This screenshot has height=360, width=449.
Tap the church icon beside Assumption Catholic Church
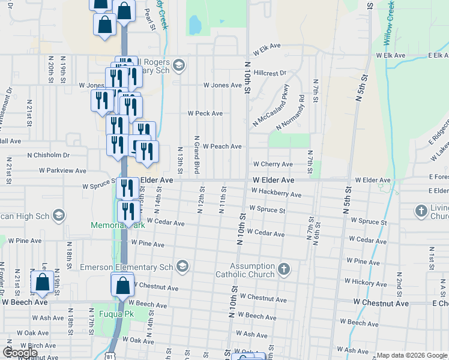(284, 269)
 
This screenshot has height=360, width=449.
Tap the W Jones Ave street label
(222, 85)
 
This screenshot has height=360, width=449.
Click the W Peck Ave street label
(205, 113)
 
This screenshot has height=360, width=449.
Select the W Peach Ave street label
(222, 146)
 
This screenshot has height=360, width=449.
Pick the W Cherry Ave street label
(273, 164)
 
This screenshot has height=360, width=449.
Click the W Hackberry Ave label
(276, 193)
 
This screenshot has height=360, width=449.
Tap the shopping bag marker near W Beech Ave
(43, 283)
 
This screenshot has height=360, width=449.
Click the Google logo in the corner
(20, 352)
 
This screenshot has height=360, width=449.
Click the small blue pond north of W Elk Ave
(195, 25)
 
